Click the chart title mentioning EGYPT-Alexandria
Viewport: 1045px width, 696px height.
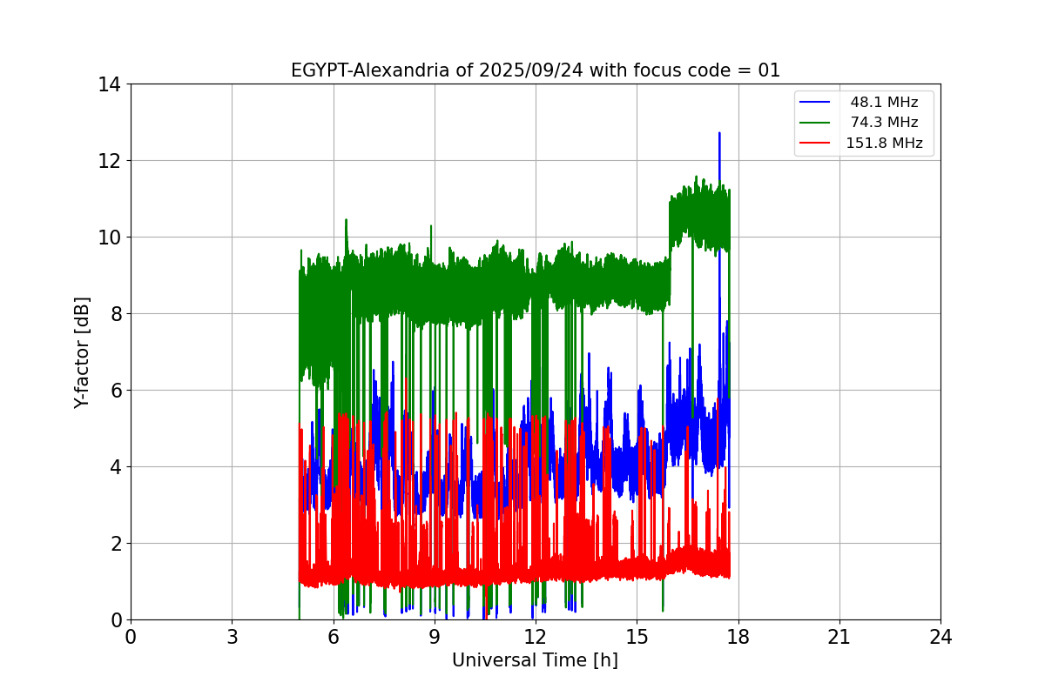(535, 70)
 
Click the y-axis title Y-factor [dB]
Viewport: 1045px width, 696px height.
(82, 352)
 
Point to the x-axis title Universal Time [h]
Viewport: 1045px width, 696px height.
(535, 660)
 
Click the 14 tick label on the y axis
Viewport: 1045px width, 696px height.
(110, 84)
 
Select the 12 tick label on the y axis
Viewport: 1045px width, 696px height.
(110, 161)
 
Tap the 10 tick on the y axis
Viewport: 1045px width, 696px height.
(110, 238)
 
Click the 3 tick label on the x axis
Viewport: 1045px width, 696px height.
(232, 637)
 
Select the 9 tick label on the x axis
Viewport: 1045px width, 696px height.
(435, 637)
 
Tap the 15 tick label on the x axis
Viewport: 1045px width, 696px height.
(637, 637)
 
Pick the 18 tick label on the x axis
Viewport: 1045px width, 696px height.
(738, 637)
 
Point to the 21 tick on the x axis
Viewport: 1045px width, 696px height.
(839, 637)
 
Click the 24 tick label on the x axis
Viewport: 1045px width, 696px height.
(940, 637)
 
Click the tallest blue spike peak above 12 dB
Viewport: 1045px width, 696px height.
(719, 134)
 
